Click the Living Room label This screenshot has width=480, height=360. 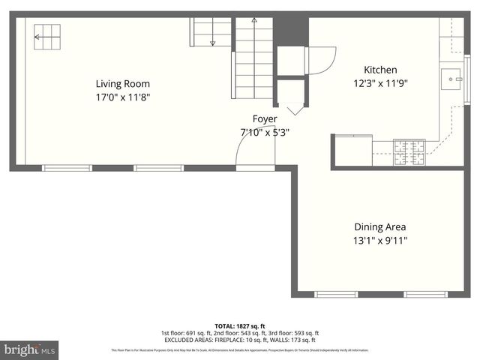pos(122,84)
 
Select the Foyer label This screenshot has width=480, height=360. pos(264,119)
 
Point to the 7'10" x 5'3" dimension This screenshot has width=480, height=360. pos(264,132)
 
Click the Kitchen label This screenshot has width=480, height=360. pos(380,70)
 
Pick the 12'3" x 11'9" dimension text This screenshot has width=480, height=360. pos(380,83)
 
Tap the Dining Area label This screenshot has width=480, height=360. pos(379,226)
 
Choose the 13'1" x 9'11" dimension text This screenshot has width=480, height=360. pos(379,241)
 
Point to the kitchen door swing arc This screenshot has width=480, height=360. pos(321,60)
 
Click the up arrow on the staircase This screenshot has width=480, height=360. pos(254,22)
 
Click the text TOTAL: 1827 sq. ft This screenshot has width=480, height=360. pos(239,325)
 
